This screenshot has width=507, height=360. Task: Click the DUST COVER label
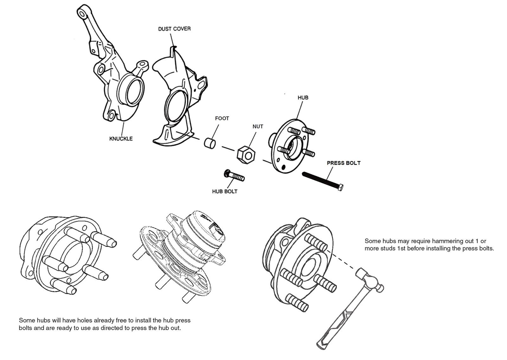174,29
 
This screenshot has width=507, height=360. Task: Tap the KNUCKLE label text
121,139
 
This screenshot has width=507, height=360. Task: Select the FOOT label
222,118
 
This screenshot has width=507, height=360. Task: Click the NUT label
258,126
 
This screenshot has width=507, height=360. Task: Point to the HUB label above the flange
303,98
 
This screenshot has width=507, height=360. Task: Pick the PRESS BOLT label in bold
343,163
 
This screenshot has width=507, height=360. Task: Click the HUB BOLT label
225,191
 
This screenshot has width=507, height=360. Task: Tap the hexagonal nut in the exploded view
246,155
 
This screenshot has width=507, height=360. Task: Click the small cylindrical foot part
209,143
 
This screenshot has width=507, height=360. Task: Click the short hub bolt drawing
234,175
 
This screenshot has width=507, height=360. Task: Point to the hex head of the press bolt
341,187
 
